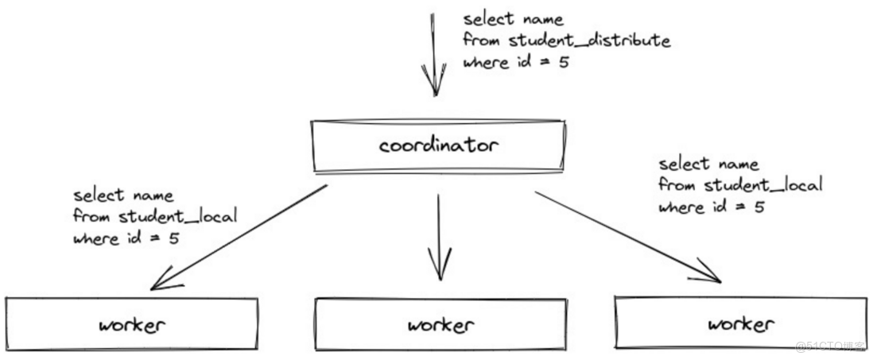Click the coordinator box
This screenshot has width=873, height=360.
[x=439, y=145]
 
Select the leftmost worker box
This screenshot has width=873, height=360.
[x=132, y=323]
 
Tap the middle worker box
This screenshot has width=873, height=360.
[x=441, y=324]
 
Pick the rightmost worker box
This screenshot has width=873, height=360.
[x=741, y=323]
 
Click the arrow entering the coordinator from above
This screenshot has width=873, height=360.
[x=433, y=55]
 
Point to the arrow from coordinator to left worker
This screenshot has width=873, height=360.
[x=239, y=238]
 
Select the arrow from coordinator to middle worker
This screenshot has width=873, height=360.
[x=440, y=237]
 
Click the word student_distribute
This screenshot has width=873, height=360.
[x=590, y=40]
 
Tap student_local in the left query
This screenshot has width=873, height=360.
[x=178, y=216]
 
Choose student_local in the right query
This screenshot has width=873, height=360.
[x=763, y=184]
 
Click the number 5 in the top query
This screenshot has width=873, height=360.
[x=564, y=62]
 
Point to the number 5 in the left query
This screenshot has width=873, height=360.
[x=173, y=238]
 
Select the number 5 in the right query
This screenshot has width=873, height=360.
[x=759, y=207]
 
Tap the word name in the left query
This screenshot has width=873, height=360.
[x=153, y=195]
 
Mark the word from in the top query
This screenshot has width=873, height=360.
[x=483, y=40]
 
